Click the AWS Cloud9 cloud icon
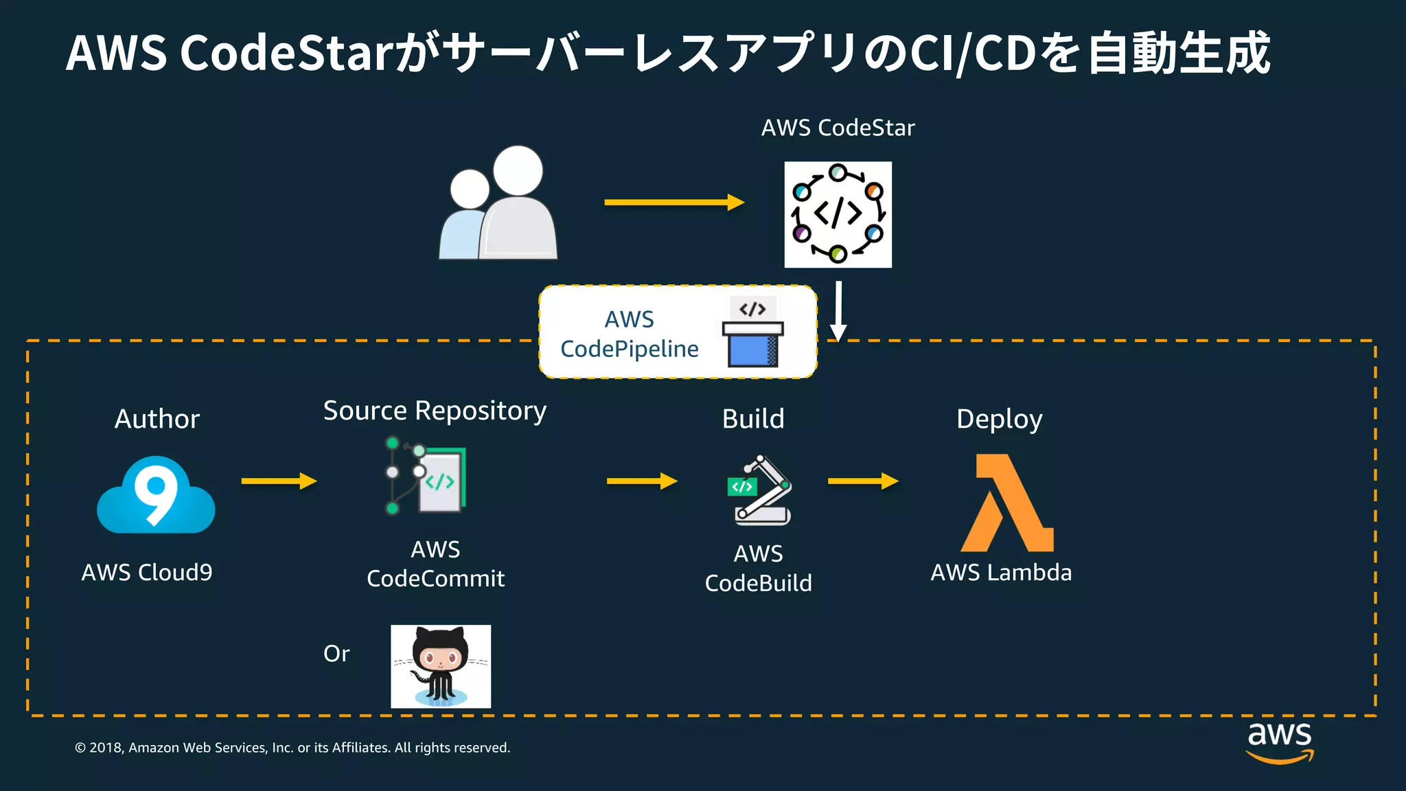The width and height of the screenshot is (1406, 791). pos(156,496)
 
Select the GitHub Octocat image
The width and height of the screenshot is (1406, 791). pos(441,666)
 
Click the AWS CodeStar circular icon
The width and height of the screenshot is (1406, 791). pos(838,214)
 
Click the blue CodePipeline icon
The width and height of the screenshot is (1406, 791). pos(752,333)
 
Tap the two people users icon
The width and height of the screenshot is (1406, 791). pos(499,203)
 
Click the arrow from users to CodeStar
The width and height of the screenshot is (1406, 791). pos(673,202)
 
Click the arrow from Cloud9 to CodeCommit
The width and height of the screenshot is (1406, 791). pos(279,481)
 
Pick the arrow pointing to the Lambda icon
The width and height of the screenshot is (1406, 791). pos(863,481)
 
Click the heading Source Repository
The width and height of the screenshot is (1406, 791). pos(435,411)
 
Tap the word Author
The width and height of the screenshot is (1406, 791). pos(157,419)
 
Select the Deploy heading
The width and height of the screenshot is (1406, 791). pos(999,419)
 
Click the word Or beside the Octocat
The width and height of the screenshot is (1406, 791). pos(336,654)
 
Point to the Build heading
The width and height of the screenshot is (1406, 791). pos(753,419)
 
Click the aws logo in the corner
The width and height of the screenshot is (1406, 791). pos(1279,742)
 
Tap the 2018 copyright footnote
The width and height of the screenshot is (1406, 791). pos(292,748)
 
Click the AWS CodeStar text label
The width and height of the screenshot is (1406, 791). pos(838,128)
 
